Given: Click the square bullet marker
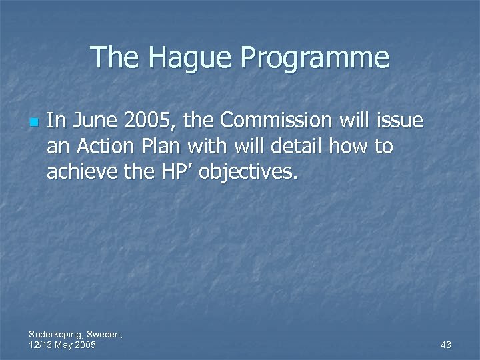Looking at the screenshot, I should tap(33, 123).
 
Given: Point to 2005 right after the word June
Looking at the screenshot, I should tap(145, 121).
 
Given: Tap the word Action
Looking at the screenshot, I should tap(99, 147).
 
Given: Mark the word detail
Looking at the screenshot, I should tap(297, 147).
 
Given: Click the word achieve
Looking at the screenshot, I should tap(80, 173).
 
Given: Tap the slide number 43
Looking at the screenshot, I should tap(446, 345).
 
